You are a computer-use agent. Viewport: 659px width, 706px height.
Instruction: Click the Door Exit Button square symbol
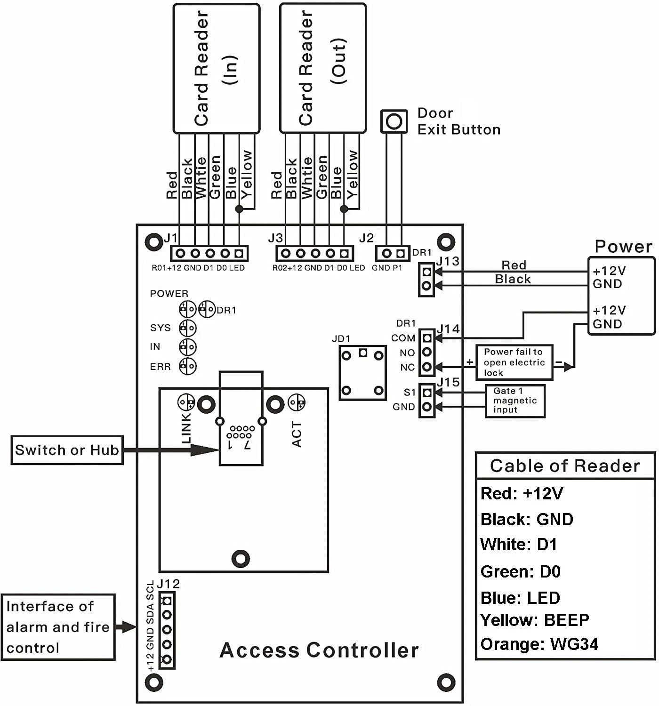click(x=394, y=121)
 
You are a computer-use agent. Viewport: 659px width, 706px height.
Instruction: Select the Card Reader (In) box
click(x=217, y=68)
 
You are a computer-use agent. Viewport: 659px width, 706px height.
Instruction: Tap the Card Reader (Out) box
click(x=323, y=68)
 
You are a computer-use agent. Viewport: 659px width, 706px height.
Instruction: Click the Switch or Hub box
click(x=67, y=450)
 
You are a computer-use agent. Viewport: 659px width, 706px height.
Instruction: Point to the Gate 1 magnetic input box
click(x=515, y=401)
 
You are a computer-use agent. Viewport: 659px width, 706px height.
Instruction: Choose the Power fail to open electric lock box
click(x=514, y=362)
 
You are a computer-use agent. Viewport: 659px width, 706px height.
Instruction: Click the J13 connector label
click(x=448, y=261)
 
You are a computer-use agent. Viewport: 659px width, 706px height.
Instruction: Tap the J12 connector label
click(x=169, y=584)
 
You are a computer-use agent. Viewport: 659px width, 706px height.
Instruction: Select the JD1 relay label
click(x=341, y=339)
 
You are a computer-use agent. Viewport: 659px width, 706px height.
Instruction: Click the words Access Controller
click(x=319, y=650)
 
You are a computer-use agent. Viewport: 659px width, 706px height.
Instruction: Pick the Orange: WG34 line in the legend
click(x=539, y=644)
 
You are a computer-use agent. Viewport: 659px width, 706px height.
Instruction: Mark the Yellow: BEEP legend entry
click(x=534, y=620)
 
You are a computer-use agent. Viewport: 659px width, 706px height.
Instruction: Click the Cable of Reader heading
click(x=565, y=466)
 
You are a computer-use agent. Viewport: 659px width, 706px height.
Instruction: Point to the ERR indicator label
click(x=160, y=367)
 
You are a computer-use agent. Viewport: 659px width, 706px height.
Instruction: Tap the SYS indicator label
click(x=160, y=328)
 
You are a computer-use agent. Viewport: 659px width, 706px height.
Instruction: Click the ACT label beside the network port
click(x=297, y=434)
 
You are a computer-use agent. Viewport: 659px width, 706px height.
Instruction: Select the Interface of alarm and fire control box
click(x=58, y=627)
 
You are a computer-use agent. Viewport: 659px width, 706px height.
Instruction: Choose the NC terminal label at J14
click(x=408, y=367)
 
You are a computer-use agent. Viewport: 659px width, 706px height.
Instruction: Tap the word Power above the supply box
click(x=623, y=247)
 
